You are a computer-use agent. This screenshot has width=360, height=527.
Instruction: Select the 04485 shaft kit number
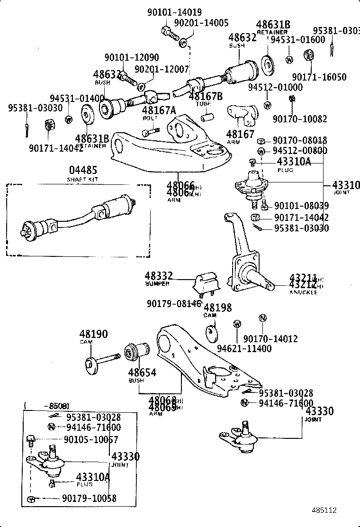83,169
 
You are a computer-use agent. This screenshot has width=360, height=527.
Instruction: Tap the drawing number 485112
324,510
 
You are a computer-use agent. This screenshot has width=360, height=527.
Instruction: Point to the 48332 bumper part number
159,276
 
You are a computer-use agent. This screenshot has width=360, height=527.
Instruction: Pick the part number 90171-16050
319,77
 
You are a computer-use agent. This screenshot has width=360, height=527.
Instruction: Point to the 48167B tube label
205,96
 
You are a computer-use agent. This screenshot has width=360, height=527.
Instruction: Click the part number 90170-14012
270,338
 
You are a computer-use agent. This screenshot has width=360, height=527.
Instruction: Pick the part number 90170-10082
299,118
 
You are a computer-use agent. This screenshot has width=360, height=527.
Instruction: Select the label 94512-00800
299,151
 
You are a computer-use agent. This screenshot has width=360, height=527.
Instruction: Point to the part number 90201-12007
162,69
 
